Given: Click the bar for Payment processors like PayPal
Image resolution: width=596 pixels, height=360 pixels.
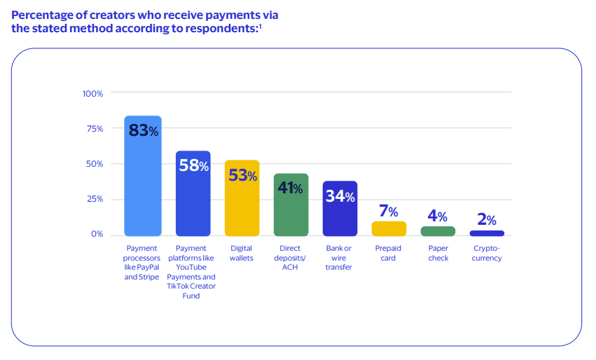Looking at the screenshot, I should (143, 182).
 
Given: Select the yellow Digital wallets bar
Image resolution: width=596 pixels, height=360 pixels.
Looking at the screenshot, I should (242, 203).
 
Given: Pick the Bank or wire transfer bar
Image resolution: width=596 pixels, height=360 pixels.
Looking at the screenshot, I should (340, 214).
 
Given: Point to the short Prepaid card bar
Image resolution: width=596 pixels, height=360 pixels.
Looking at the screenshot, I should (389, 228).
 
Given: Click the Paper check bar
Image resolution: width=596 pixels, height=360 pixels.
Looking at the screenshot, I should (438, 231).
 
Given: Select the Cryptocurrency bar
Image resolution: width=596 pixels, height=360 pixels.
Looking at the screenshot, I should (487, 233).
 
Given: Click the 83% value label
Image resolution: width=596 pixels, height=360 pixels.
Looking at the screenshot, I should (143, 130).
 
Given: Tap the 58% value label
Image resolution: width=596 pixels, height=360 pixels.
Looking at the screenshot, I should (193, 166).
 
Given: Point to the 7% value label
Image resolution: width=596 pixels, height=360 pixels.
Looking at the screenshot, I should (389, 212).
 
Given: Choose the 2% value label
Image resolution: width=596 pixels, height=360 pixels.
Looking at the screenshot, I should (487, 219).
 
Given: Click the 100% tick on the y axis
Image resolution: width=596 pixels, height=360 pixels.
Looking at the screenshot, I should (92, 94).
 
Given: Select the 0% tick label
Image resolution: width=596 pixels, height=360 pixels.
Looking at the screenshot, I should (97, 234).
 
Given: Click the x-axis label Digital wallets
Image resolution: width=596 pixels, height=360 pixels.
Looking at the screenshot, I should (242, 253).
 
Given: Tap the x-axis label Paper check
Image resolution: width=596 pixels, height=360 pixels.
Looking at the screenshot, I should (438, 253).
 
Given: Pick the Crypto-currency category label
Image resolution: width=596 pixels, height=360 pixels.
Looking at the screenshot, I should (487, 253).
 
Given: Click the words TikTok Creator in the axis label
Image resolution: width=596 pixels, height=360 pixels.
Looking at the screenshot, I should (192, 286).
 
